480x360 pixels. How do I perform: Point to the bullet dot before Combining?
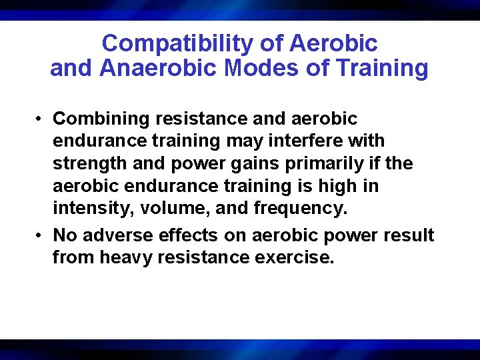pyautogui.click(x=41, y=119)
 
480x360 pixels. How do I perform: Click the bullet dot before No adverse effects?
pyautogui.click(x=41, y=235)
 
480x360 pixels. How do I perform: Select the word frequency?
pyautogui.click(x=301, y=209)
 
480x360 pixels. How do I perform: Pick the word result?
pyautogui.click(x=409, y=235)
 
